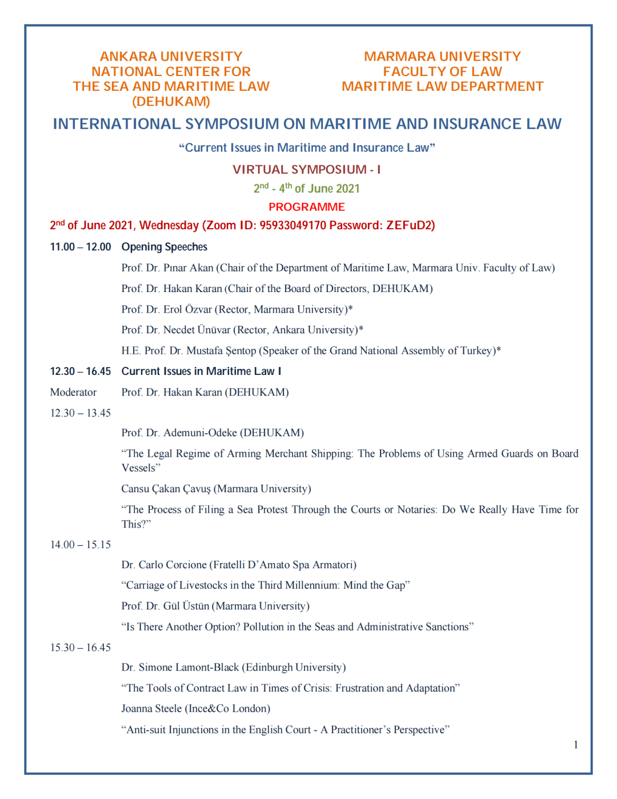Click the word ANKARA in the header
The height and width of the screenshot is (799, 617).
(129, 57)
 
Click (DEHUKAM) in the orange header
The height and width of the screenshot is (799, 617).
(171, 102)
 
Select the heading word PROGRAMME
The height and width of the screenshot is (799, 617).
(307, 207)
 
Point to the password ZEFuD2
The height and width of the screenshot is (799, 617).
(410, 225)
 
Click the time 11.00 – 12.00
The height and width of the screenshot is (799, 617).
(81, 247)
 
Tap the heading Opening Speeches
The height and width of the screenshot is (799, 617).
(165, 247)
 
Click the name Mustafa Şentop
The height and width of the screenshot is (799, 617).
(221, 351)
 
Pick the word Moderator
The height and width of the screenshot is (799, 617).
(73, 392)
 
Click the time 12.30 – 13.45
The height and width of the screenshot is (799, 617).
(81, 413)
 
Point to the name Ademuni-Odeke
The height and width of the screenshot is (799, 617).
(200, 433)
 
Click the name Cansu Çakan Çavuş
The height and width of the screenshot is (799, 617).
(166, 489)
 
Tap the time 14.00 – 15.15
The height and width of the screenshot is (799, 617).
(81, 545)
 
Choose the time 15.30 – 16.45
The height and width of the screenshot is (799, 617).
(81, 648)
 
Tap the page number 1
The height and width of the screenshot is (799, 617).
(576, 745)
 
